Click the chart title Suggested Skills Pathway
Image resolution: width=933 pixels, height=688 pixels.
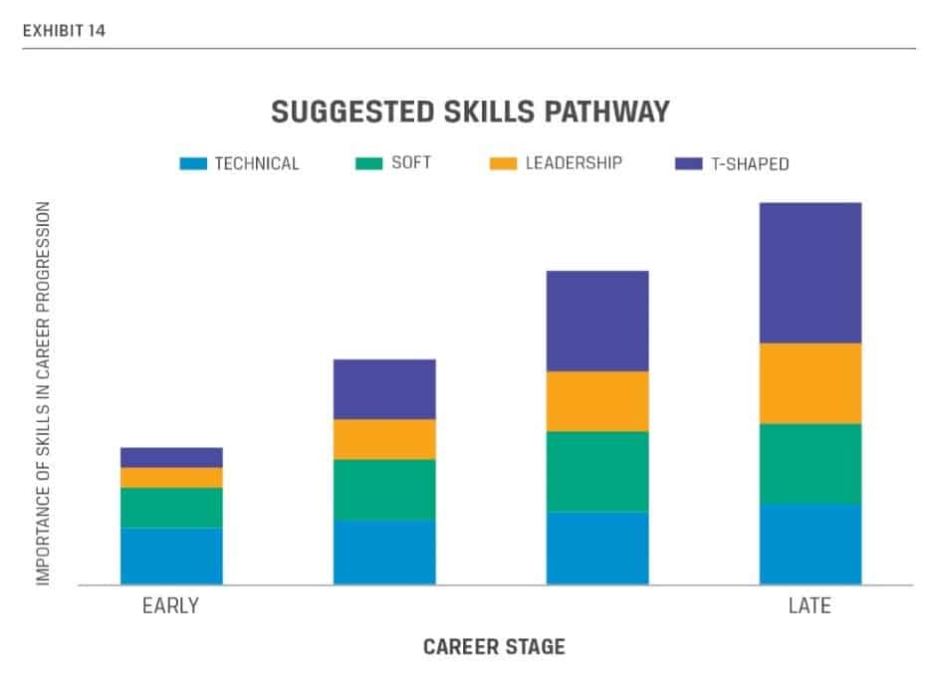tap(470, 113)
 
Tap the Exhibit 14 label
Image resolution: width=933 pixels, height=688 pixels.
tap(63, 31)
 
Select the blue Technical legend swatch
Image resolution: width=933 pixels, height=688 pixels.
tap(193, 163)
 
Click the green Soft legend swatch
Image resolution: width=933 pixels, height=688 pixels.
tap(368, 163)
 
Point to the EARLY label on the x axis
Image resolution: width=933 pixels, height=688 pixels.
tap(170, 605)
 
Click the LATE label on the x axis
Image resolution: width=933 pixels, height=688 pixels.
tap(808, 605)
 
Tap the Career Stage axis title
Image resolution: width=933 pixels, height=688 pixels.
tap(494, 647)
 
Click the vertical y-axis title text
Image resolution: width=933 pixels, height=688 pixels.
tap(43, 393)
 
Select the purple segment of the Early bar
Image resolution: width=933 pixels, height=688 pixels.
tap(171, 457)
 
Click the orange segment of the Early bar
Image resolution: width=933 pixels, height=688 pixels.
tap(171, 477)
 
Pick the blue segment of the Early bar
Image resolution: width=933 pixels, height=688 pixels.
tap(171, 556)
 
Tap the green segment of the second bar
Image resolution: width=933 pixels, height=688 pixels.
tap(384, 489)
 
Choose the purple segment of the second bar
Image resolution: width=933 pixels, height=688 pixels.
tap(384, 388)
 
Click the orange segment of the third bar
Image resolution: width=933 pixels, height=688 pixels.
tap(597, 401)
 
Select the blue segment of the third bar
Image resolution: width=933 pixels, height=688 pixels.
tap(597, 548)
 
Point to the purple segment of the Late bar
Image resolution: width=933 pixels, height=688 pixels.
tap(810, 273)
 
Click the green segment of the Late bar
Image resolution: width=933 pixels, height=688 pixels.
tap(810, 464)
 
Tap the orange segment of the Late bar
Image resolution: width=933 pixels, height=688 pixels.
tap(810, 383)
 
